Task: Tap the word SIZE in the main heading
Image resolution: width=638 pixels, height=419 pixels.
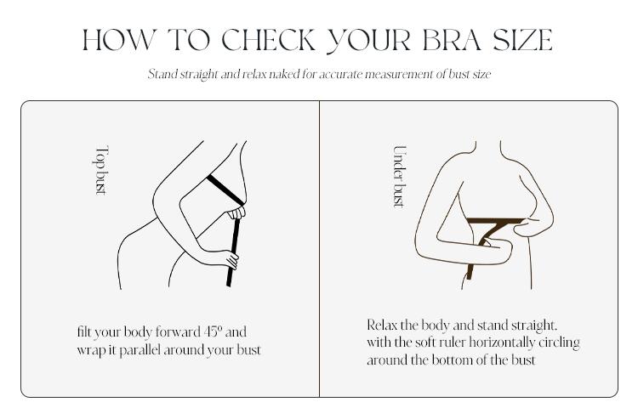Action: [x=523, y=40]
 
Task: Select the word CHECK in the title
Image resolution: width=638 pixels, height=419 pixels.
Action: [x=269, y=40]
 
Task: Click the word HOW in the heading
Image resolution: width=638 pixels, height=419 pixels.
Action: [x=119, y=40]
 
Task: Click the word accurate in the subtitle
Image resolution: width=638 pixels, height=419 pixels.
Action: [x=340, y=75]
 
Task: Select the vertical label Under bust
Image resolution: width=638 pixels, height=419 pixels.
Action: [x=400, y=177]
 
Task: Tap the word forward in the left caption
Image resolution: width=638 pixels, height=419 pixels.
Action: [x=178, y=331]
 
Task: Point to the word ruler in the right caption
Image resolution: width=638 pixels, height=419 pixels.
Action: [x=449, y=343]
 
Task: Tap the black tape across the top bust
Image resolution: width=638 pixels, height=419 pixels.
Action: [x=225, y=190]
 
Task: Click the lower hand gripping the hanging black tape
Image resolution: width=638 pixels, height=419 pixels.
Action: [x=230, y=260]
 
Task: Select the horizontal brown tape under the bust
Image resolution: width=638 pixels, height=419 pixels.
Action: [x=495, y=221]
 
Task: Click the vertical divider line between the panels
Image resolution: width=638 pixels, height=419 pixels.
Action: [x=319, y=249]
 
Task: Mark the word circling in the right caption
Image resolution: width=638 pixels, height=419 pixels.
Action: [x=560, y=343]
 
